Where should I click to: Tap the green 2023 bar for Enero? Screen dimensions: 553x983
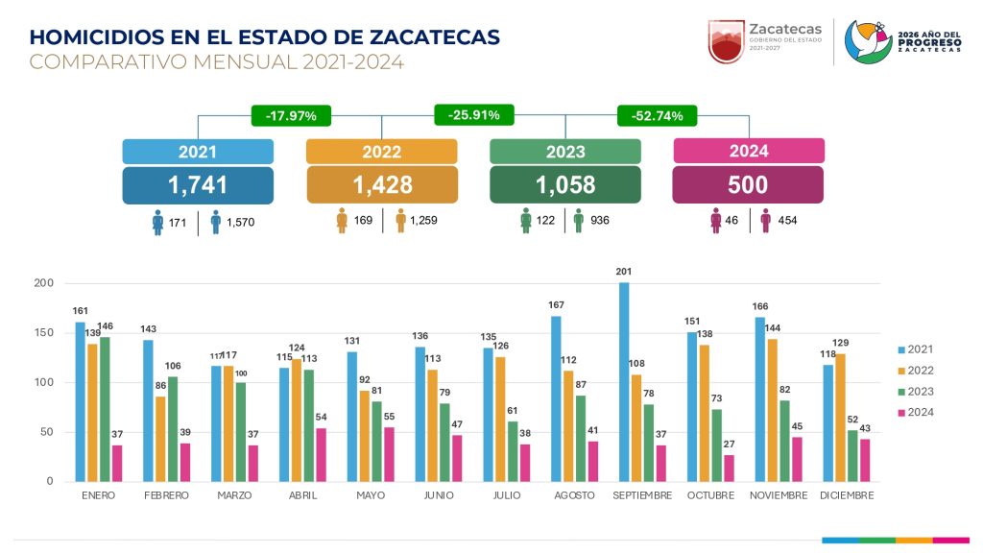point(105,409)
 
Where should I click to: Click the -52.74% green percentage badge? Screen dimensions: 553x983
point(658,116)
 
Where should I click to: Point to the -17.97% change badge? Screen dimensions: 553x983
point(291,116)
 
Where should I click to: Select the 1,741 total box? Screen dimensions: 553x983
point(198,185)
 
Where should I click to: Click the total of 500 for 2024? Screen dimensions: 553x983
point(748,185)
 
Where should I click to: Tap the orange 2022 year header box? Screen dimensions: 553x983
point(381,152)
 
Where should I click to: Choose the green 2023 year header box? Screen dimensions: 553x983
point(565,152)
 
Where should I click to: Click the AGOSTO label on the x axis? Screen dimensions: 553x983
point(575,495)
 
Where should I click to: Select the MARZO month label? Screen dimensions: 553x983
point(235,495)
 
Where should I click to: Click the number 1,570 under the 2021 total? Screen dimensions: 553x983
point(240,223)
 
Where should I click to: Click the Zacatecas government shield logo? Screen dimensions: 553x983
point(727,41)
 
